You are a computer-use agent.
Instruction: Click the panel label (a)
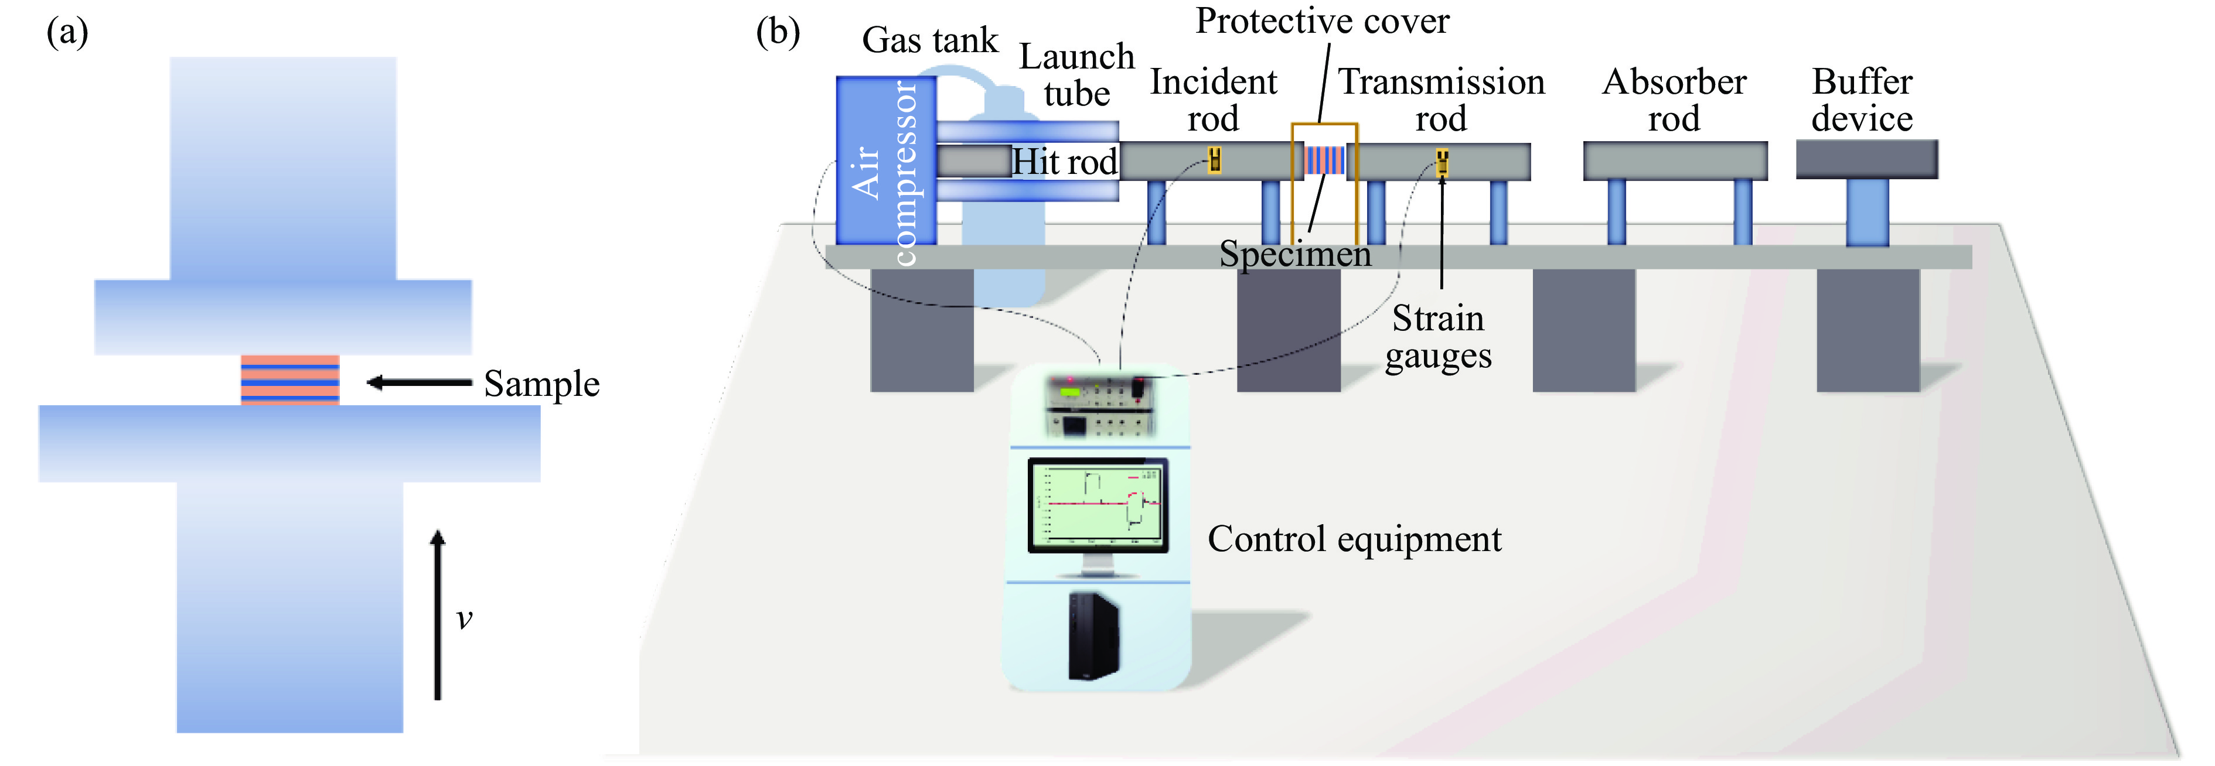67,33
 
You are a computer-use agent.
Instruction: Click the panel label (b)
778,33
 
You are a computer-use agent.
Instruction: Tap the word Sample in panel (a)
541,384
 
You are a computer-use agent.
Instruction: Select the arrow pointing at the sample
419,382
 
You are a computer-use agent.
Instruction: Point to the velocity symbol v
464,618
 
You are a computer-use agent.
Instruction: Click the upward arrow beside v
438,615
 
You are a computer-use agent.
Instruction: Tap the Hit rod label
1065,162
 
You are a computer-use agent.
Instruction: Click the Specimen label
1295,254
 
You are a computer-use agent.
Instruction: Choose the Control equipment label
1354,539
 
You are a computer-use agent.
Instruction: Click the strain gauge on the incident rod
1214,160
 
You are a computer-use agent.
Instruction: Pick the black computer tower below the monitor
1093,635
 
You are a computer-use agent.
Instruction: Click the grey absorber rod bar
1675,161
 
